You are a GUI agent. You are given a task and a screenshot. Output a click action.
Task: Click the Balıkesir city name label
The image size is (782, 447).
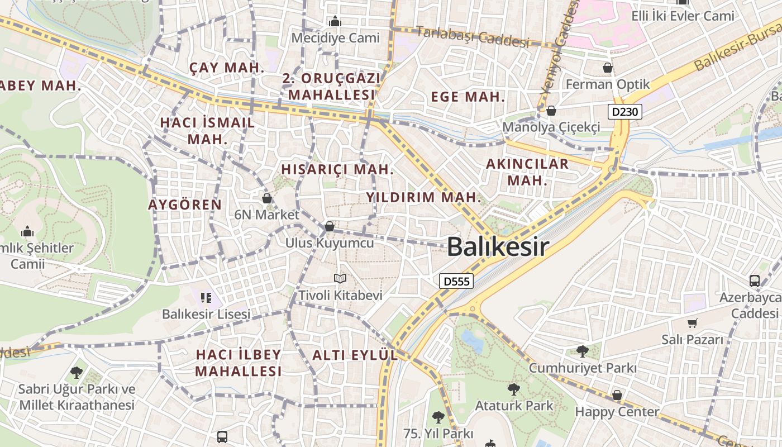[x=498, y=246]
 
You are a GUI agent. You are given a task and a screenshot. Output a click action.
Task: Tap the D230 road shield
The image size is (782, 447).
[x=624, y=112]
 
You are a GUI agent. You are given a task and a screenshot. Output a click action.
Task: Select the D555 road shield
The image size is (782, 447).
[x=456, y=281]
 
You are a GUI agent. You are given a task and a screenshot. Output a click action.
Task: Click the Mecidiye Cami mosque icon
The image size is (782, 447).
[x=335, y=22]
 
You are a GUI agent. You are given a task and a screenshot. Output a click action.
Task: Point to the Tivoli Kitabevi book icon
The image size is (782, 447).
[x=340, y=278]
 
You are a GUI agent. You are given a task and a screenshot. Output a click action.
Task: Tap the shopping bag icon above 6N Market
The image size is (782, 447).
[x=267, y=198]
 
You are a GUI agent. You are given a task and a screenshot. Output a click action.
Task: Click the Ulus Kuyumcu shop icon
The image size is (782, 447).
[x=330, y=226]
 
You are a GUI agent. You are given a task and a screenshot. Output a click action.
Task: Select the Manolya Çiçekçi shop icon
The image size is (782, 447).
[x=551, y=111]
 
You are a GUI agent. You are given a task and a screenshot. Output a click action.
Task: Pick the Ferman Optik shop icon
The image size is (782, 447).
[x=608, y=68]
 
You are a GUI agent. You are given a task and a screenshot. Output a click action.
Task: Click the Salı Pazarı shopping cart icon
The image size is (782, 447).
[x=693, y=323]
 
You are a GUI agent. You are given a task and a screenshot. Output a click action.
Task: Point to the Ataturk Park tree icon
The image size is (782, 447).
[x=513, y=389]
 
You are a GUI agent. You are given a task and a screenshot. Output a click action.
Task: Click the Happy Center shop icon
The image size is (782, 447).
[x=617, y=395]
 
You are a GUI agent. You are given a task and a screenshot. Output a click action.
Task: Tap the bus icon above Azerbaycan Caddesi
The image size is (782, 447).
[x=755, y=280]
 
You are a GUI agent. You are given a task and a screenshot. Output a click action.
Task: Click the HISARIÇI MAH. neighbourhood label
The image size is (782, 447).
[x=337, y=169]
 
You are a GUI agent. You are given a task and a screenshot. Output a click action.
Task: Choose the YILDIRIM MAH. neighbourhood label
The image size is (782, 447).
[x=423, y=197]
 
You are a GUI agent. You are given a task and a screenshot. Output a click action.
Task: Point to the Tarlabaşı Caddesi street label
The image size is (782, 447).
[x=473, y=36]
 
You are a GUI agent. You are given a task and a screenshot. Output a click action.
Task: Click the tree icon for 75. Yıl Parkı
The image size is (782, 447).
[x=438, y=417]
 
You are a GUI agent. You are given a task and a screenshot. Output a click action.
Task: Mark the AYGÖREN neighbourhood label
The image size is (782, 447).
[x=185, y=205]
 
